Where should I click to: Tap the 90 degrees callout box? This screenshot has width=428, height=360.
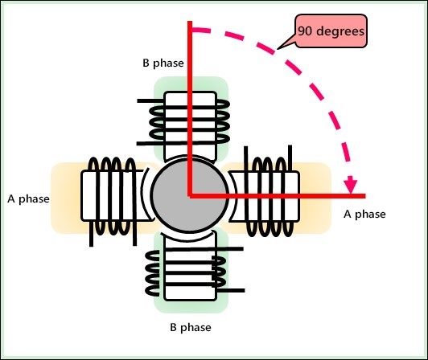[x=330, y=33]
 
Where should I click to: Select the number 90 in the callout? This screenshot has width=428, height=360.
[x=305, y=33]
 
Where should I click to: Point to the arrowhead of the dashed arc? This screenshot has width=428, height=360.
[x=350, y=186]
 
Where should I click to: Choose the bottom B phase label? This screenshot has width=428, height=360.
[x=189, y=328]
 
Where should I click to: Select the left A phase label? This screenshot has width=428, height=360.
[x=27, y=197]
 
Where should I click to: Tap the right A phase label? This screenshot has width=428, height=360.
[x=364, y=214]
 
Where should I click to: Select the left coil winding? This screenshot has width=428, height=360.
[x=111, y=195]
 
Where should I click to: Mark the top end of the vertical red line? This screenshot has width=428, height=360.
[x=190, y=22]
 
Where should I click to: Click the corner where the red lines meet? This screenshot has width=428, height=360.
[x=190, y=195]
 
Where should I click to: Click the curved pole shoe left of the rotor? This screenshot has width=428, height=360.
[x=148, y=195]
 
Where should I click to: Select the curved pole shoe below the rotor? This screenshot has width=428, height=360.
[x=191, y=236]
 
